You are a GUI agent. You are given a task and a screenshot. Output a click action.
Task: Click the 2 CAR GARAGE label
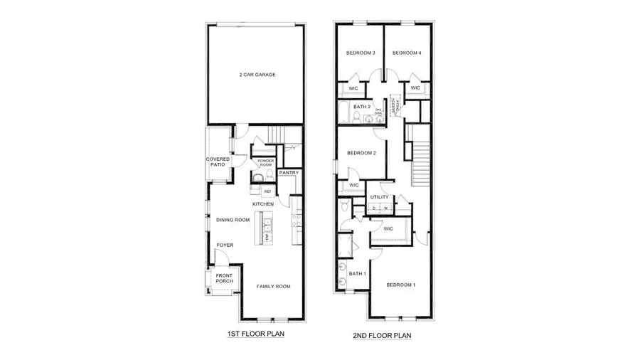pyautogui.click(x=257, y=75)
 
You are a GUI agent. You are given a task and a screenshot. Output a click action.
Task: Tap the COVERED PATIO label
pyautogui.click(x=216, y=162)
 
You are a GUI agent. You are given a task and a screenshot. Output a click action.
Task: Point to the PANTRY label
pyautogui.click(x=289, y=172)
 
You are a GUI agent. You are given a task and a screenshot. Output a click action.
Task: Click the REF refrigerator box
pyautogui.click(x=267, y=191)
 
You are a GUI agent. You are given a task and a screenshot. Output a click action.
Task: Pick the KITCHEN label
pyautogui.click(x=263, y=204)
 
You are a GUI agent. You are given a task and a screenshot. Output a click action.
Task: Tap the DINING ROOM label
pyautogui.click(x=233, y=220)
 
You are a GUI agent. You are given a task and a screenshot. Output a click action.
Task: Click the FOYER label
pyautogui.click(x=225, y=245)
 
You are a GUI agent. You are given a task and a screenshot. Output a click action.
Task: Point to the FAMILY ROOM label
pyautogui.click(x=274, y=286)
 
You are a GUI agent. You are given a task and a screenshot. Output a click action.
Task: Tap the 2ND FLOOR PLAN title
pyautogui.click(x=383, y=334)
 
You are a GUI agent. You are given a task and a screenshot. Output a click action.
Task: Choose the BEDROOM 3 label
pyautogui.click(x=361, y=53)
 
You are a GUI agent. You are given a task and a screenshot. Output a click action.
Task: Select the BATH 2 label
pyautogui.click(x=362, y=107)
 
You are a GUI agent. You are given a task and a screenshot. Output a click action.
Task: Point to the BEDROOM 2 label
pyautogui.click(x=361, y=153)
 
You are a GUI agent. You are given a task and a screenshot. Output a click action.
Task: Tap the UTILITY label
pyautogui.click(x=379, y=197)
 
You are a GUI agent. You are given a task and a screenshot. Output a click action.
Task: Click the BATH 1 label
pyautogui.click(x=357, y=274)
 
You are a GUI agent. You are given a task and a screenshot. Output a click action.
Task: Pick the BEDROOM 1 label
pyautogui.click(x=400, y=285)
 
